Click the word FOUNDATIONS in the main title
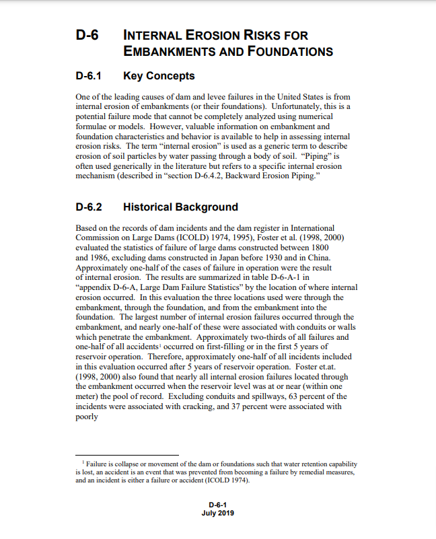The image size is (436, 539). (293, 51)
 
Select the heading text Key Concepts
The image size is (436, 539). (159, 76)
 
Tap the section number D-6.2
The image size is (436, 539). (91, 207)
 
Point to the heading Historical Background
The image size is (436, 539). (180, 207)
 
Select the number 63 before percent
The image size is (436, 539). (289, 397)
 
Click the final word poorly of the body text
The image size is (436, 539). (87, 417)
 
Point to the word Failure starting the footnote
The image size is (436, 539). (98, 464)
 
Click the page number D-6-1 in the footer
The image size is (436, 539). (219, 504)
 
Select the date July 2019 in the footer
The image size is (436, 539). (219, 513)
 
